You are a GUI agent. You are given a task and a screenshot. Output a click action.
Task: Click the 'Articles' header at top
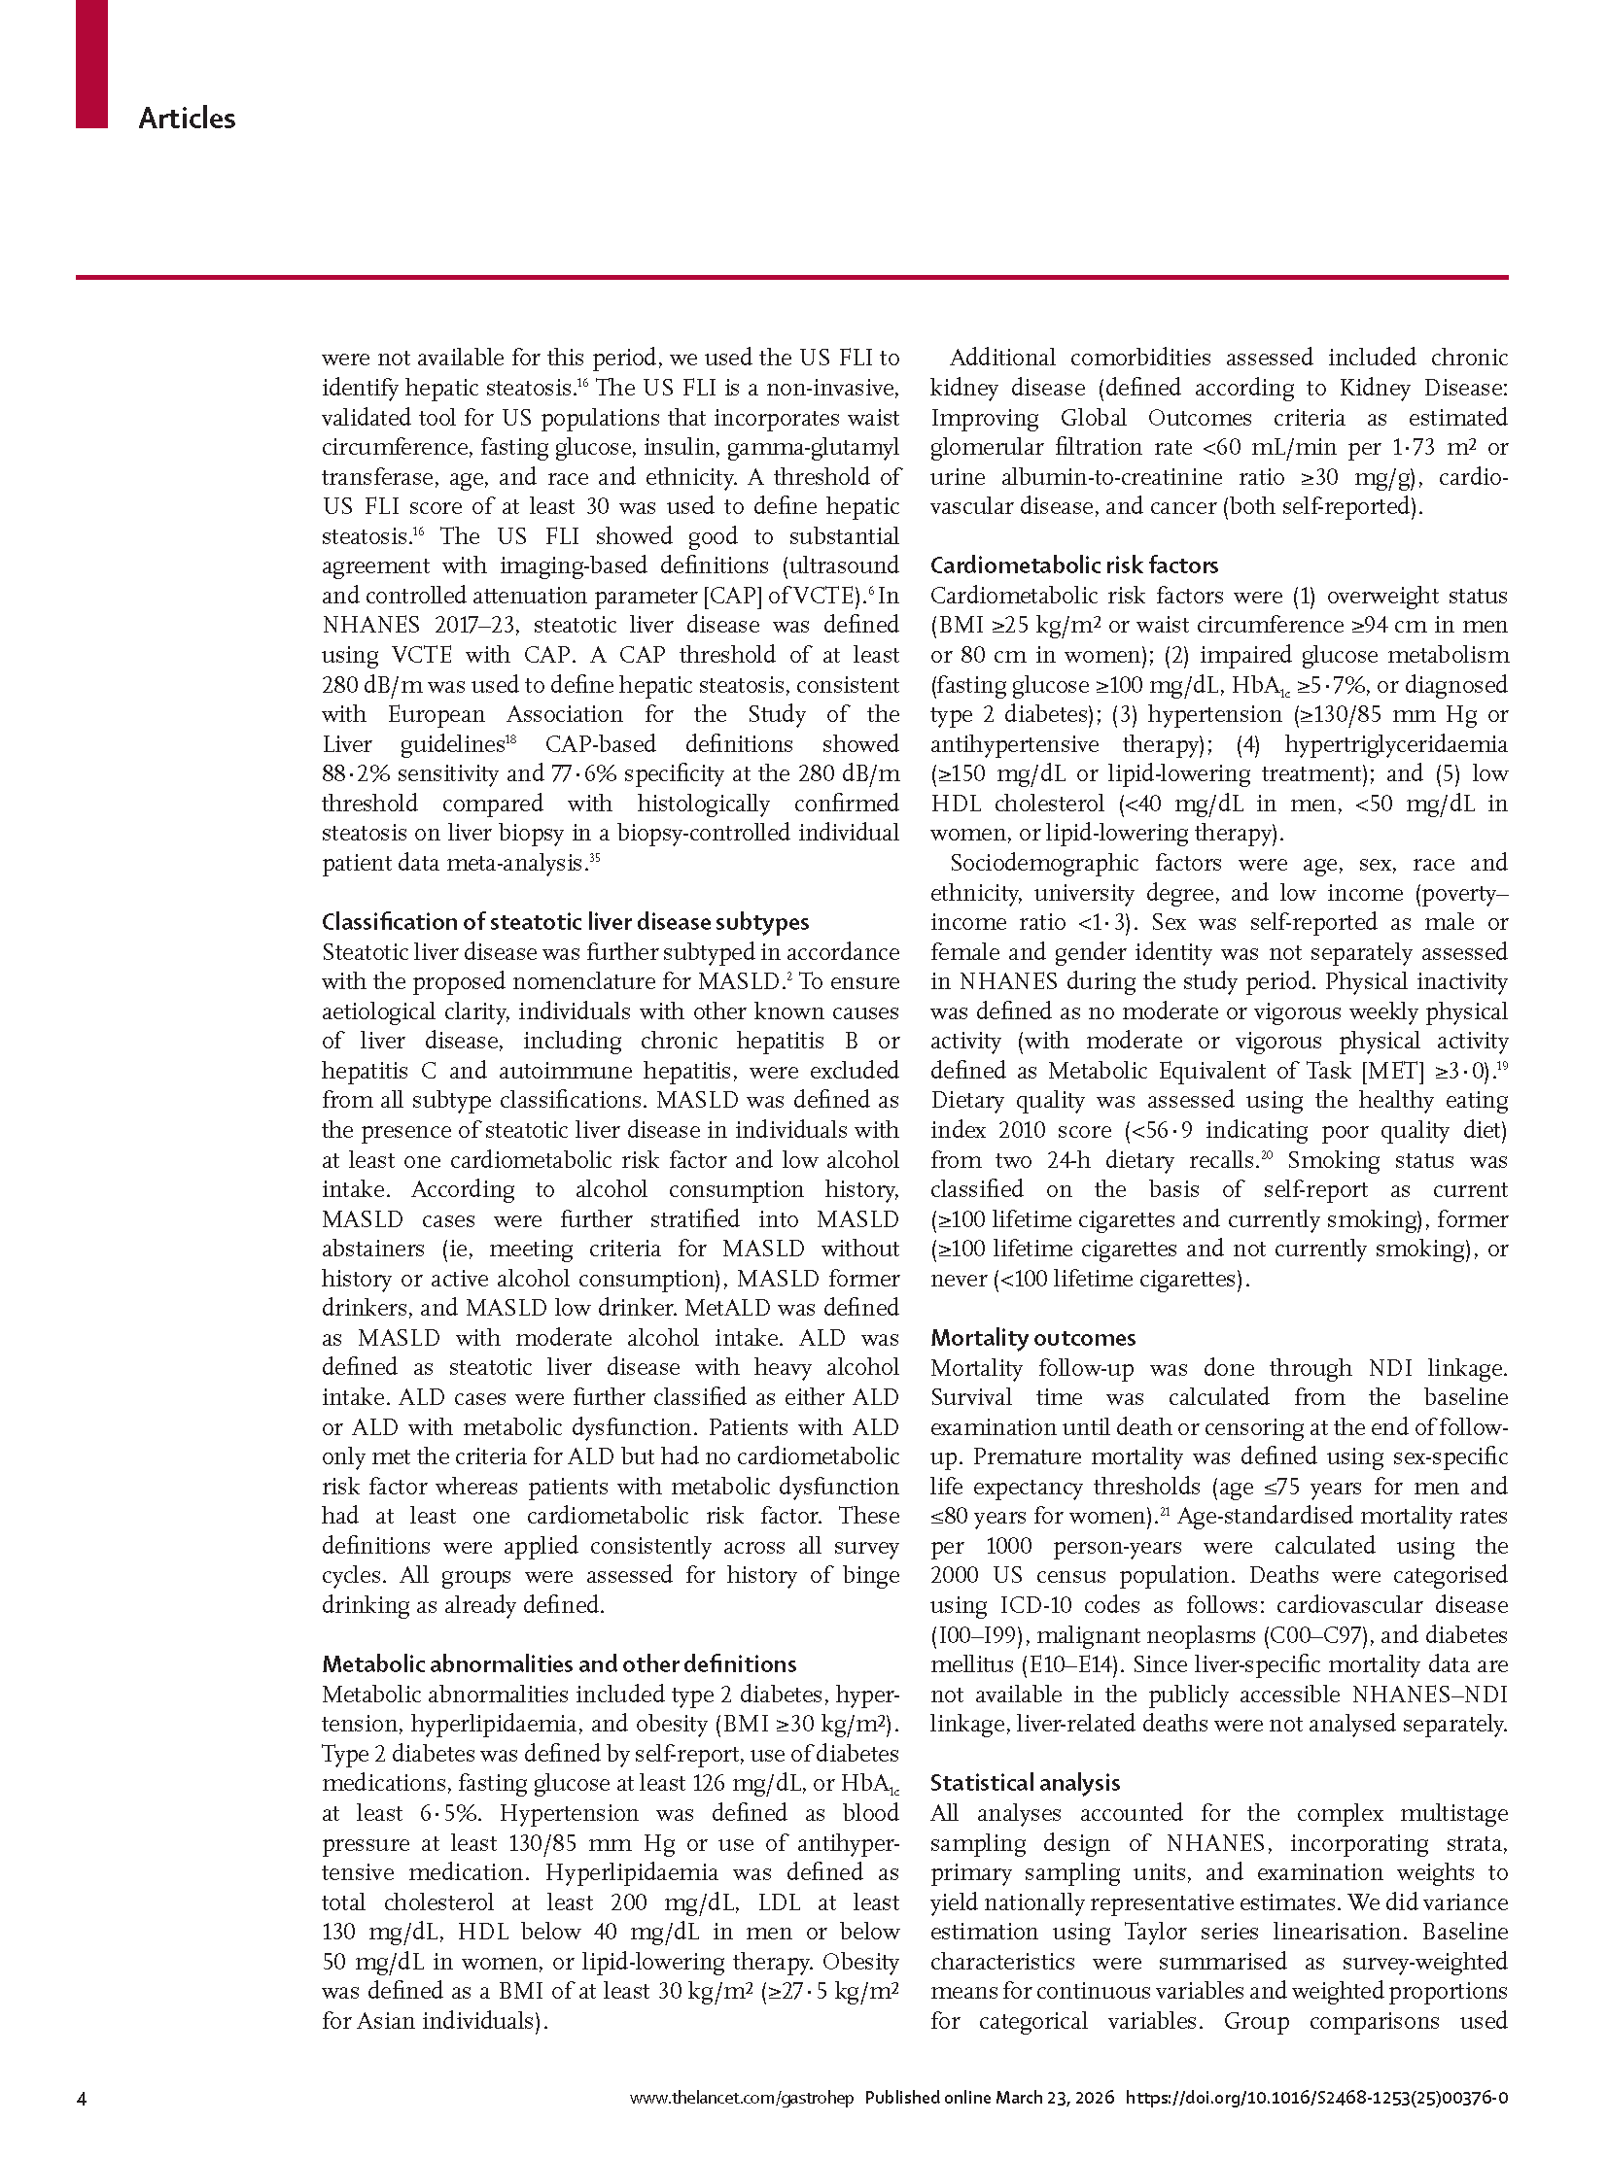click(x=187, y=119)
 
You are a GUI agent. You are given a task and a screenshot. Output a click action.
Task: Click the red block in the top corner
click(x=91, y=63)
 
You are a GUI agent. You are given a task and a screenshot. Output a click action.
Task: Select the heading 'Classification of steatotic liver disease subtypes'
click(x=565, y=921)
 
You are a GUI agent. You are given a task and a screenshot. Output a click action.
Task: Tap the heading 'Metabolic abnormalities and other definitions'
click(x=559, y=1663)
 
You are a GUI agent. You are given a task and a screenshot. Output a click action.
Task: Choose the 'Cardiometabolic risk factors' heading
click(x=1073, y=565)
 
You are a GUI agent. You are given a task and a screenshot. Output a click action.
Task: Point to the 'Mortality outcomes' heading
click(x=1032, y=1338)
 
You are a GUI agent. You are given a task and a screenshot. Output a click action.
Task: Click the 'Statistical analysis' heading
click(x=1025, y=1782)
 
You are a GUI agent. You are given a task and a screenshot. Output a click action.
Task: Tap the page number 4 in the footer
click(x=82, y=2099)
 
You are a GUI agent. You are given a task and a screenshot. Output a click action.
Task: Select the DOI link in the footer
click(x=1316, y=2099)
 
